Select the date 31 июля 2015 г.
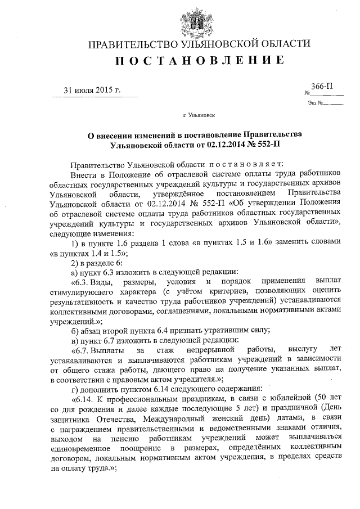[x=92, y=90]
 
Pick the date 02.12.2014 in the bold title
[x=227, y=145]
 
